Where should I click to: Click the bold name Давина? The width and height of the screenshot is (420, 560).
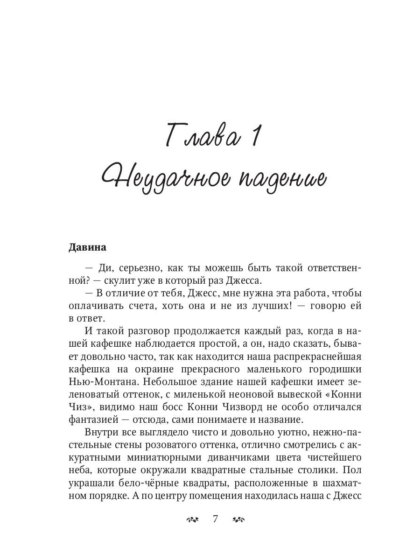[x=88, y=247]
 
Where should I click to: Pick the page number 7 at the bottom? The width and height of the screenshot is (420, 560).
[x=215, y=519]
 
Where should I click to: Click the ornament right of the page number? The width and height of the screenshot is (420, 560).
[x=238, y=519]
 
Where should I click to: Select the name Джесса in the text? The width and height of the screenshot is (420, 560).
[x=246, y=281]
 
